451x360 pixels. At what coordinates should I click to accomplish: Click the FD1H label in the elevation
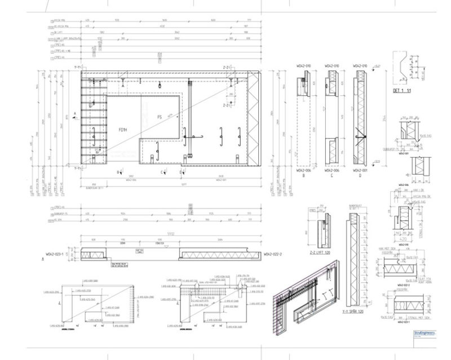coord(123,130)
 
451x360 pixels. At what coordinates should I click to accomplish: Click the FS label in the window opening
coord(159,117)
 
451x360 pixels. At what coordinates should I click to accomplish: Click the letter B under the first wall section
coord(304,175)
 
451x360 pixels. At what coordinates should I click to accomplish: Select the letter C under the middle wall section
coord(332,175)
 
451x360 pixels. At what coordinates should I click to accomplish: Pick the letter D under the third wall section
coord(360,175)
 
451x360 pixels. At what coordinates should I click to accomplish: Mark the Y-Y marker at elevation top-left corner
coord(78,68)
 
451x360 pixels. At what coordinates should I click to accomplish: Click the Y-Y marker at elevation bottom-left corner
coord(78,167)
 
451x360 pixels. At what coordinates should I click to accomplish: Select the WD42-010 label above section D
coord(360,66)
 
